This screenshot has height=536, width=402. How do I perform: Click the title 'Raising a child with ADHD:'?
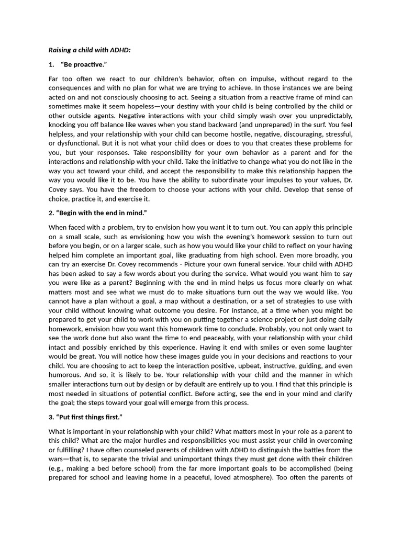tap(90, 50)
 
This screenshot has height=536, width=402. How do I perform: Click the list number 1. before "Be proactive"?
tap(51, 64)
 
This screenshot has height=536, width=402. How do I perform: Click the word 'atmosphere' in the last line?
tap(239, 477)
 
